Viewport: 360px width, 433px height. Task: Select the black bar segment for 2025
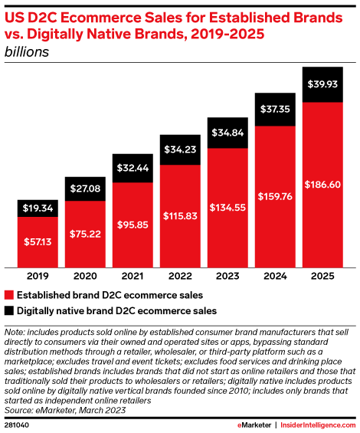click(x=322, y=84)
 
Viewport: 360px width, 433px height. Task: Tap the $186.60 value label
click(x=322, y=185)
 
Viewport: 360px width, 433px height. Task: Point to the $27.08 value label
click(x=86, y=189)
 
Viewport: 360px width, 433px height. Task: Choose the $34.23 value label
click(x=180, y=147)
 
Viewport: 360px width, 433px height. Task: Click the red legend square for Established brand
click(x=9, y=294)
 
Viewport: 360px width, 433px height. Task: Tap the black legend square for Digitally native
click(x=9, y=311)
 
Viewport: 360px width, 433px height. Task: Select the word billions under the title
click(x=28, y=52)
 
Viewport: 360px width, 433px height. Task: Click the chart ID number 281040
click(x=18, y=423)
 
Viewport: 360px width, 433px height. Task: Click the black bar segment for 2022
click(x=180, y=148)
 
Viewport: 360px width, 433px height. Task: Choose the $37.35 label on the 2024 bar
click(x=274, y=110)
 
